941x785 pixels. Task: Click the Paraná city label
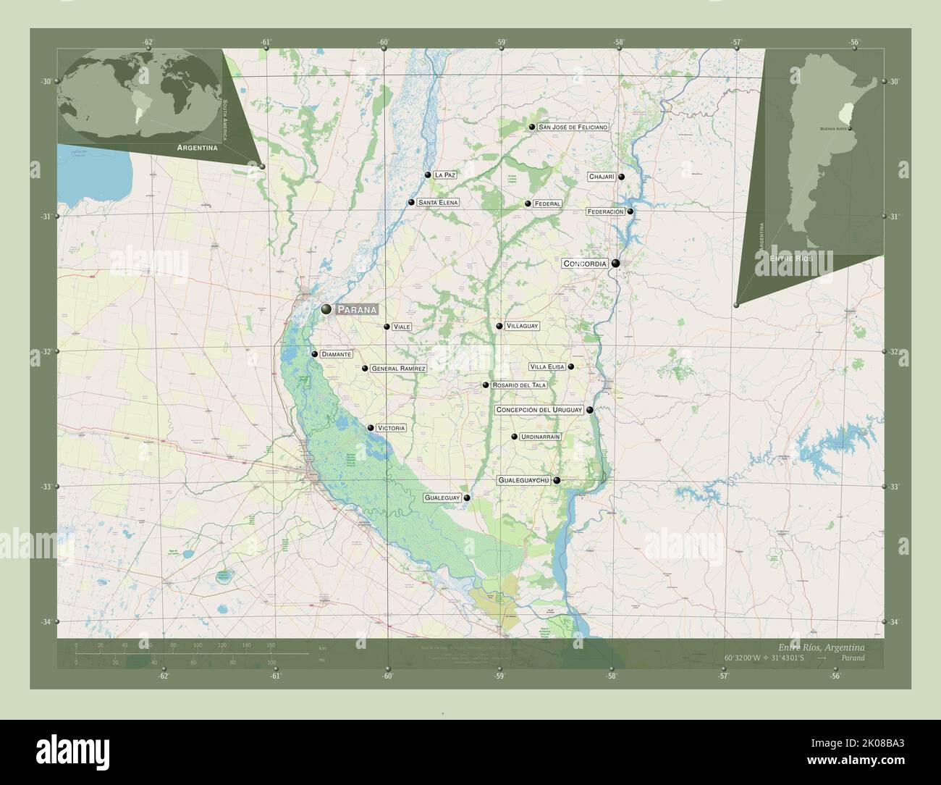(356, 309)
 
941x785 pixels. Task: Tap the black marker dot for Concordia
(615, 264)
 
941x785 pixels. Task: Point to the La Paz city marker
(428, 175)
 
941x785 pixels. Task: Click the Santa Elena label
(438, 203)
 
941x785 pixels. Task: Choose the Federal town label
(547, 204)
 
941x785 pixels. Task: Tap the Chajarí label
(602, 177)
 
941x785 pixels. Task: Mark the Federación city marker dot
(630, 211)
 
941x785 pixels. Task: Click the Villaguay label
(522, 327)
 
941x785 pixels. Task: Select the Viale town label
(402, 327)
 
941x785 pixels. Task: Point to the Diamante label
(337, 355)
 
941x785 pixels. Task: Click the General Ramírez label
(397, 369)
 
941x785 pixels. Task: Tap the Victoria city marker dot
(371, 428)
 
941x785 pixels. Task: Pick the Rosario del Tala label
(518, 385)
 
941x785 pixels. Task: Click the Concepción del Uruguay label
(539, 410)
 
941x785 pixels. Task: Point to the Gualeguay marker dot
(468, 498)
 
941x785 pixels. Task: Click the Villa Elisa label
(547, 367)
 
